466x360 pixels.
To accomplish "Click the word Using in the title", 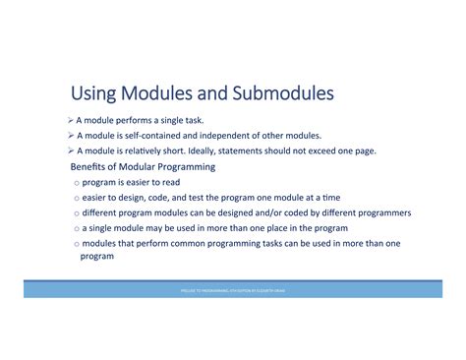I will coord(93,94).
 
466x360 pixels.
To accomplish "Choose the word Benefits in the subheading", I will coord(91,167).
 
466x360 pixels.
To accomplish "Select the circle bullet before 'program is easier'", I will coord(76,183).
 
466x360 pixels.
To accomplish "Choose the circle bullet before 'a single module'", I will coord(76,227).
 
